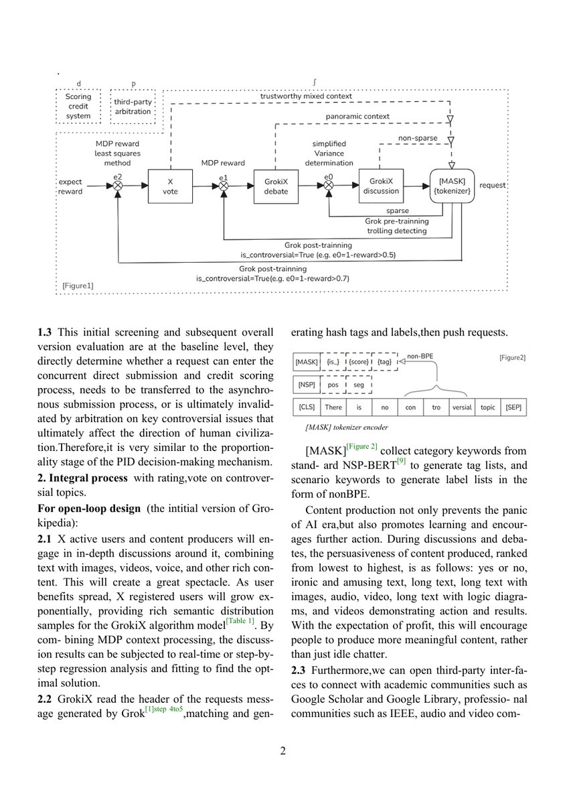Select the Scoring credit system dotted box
coord(78,107)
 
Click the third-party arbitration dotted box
coord(133,107)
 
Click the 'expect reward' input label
coord(70,186)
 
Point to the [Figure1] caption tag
coord(77,285)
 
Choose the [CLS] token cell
coord(307,407)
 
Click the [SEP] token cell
coord(515,407)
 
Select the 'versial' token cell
coord(462,407)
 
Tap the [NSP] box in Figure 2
coord(307,385)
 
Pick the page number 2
coord(282,750)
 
